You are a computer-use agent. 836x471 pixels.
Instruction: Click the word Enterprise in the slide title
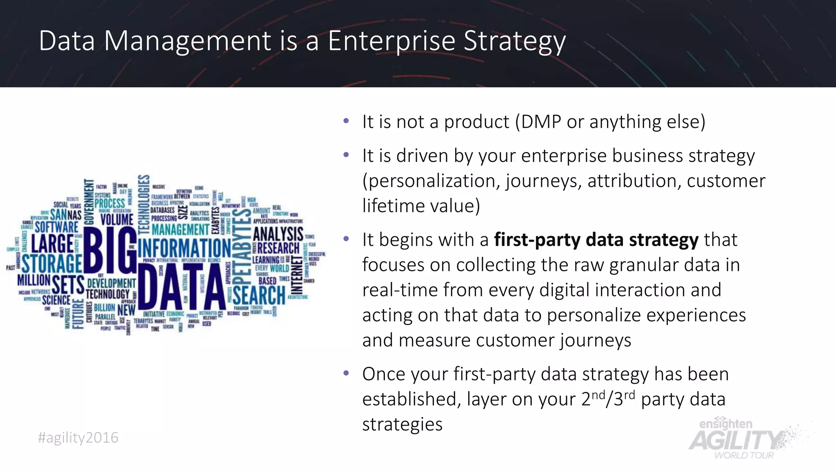pyautogui.click(x=391, y=41)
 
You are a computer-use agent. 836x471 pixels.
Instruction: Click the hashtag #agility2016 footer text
pyautogui.click(x=78, y=438)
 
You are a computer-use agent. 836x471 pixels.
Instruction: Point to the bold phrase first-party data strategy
pyautogui.click(x=596, y=240)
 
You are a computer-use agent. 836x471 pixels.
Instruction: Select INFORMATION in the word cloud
pyautogui.click(x=185, y=248)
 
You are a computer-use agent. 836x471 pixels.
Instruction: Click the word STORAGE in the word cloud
pyautogui.click(x=52, y=263)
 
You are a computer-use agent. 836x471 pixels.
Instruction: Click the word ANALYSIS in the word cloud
pyautogui.click(x=278, y=234)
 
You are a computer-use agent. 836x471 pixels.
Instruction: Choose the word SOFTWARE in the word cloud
pyautogui.click(x=56, y=227)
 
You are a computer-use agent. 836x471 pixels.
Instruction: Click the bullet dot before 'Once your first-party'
pyautogui.click(x=346, y=373)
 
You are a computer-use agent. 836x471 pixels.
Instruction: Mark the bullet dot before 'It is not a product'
pyautogui.click(x=346, y=121)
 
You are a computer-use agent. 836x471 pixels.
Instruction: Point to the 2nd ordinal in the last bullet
pyautogui.click(x=593, y=398)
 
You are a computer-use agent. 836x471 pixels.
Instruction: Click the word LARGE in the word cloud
pyautogui.click(x=53, y=244)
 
